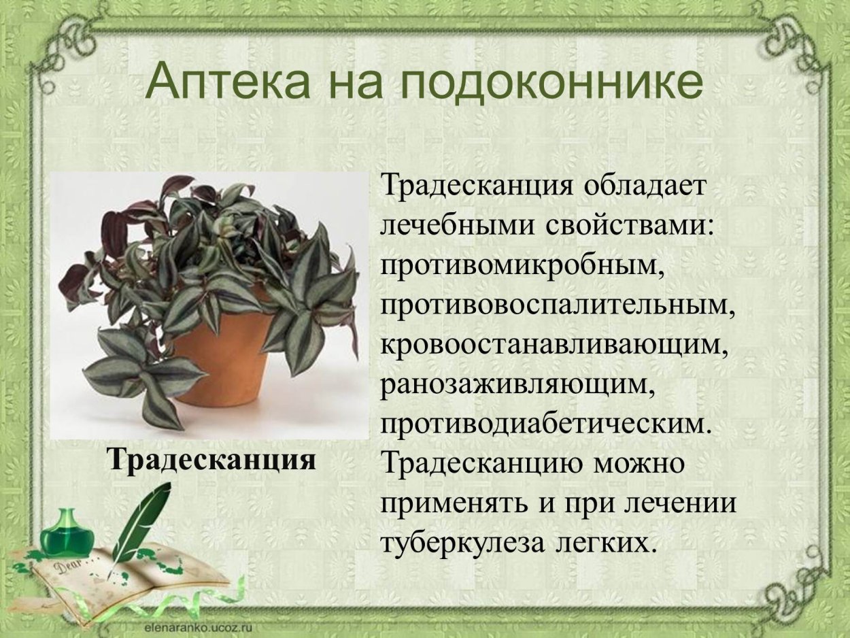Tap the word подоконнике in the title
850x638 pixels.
[550, 82]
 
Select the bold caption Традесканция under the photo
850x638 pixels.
[211, 459]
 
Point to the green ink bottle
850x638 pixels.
[66, 533]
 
